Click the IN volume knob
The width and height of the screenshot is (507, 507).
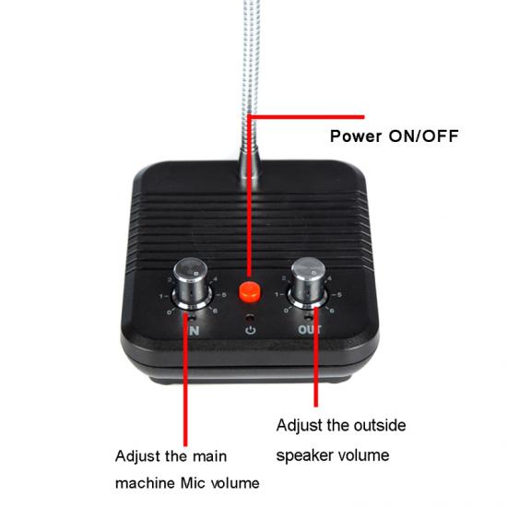coord(192,283)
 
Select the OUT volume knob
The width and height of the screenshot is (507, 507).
coord(309,282)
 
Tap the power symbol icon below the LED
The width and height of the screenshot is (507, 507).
coord(251,330)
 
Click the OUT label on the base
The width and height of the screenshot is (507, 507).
coord(310,329)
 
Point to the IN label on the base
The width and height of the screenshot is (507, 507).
coord(194,330)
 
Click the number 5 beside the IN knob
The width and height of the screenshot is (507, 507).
coord(224,295)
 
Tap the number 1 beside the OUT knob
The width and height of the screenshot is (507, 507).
coord(277,295)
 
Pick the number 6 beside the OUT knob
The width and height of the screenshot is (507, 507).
coord(332,311)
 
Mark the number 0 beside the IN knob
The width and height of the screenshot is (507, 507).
coord(169,312)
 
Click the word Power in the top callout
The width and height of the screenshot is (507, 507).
coord(356,136)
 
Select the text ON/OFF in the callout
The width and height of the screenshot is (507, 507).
coord(424,136)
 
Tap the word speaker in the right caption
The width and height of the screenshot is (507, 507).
coord(303,456)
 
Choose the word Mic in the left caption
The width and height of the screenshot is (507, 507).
coord(193,483)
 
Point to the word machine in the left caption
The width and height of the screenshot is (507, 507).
coord(145,483)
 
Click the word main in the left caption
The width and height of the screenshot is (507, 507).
coord(209,456)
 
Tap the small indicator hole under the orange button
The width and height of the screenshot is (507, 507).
coord(249,318)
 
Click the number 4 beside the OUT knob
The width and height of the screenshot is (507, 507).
coord(329,278)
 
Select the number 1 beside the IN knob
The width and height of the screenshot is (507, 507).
coord(161,296)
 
